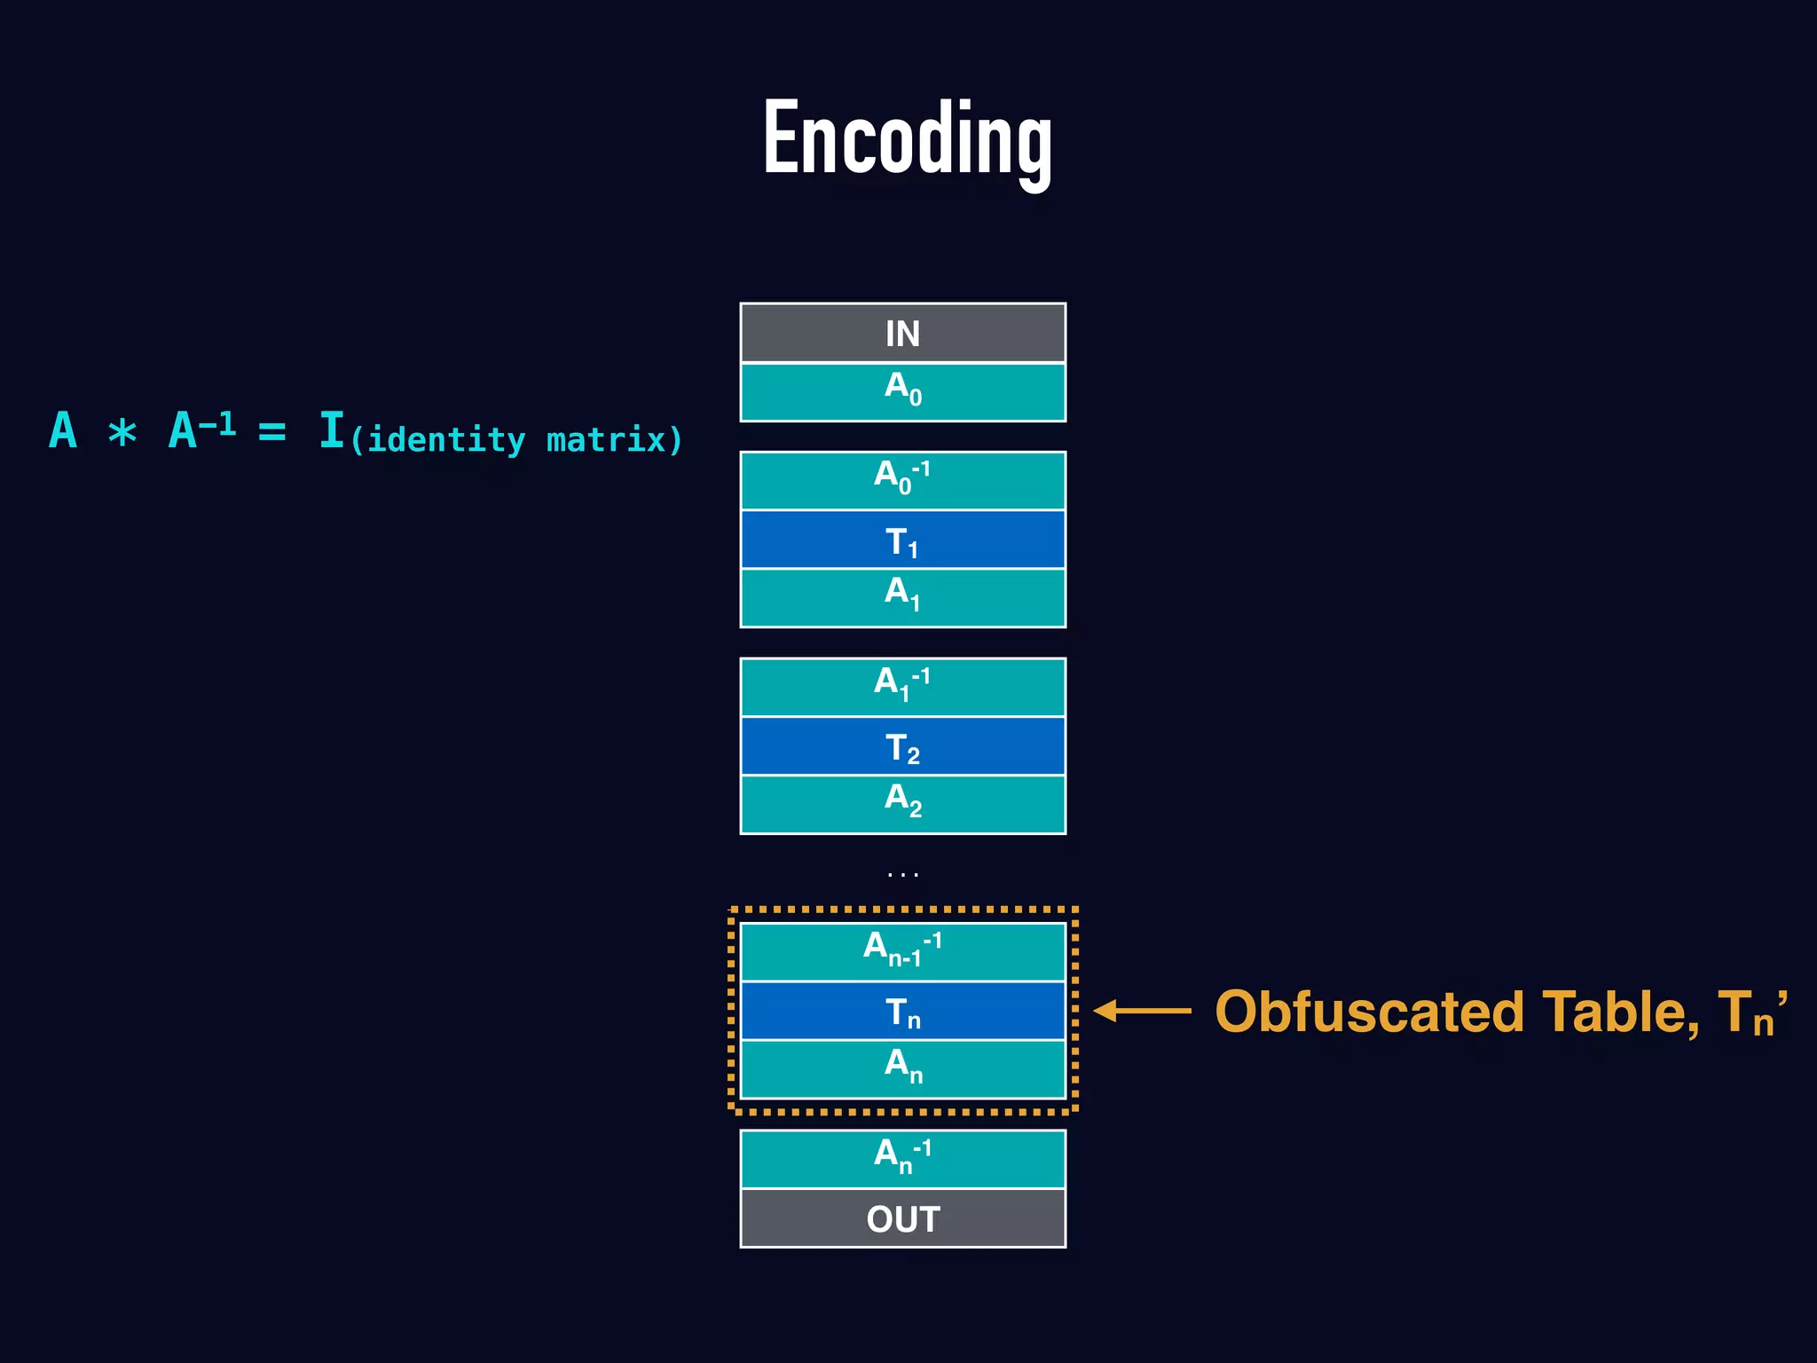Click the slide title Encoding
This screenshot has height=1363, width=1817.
click(x=907, y=139)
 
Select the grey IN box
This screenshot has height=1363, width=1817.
click(x=902, y=334)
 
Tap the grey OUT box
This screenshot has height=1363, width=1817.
click(x=902, y=1218)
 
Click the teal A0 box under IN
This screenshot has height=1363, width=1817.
click(x=902, y=391)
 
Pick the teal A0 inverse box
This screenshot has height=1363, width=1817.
click(x=902, y=480)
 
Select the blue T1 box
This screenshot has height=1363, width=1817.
click(x=902, y=540)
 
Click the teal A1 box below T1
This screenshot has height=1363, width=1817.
click(x=902, y=597)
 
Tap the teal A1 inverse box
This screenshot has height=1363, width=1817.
click(x=902, y=686)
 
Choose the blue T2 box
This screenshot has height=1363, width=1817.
click(x=902, y=746)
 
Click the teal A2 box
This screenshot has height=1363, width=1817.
click(x=902, y=804)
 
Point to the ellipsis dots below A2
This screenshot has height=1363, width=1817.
click(x=902, y=875)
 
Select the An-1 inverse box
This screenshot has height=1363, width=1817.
click(x=902, y=951)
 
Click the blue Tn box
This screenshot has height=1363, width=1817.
click(x=902, y=1011)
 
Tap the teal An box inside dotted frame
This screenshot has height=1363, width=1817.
click(x=902, y=1068)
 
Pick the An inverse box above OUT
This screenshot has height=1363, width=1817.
click(x=902, y=1158)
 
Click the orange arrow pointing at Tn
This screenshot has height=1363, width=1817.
click(x=1142, y=1011)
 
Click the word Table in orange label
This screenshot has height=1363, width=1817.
click(x=1619, y=1012)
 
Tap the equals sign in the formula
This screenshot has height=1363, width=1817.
click(x=271, y=432)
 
